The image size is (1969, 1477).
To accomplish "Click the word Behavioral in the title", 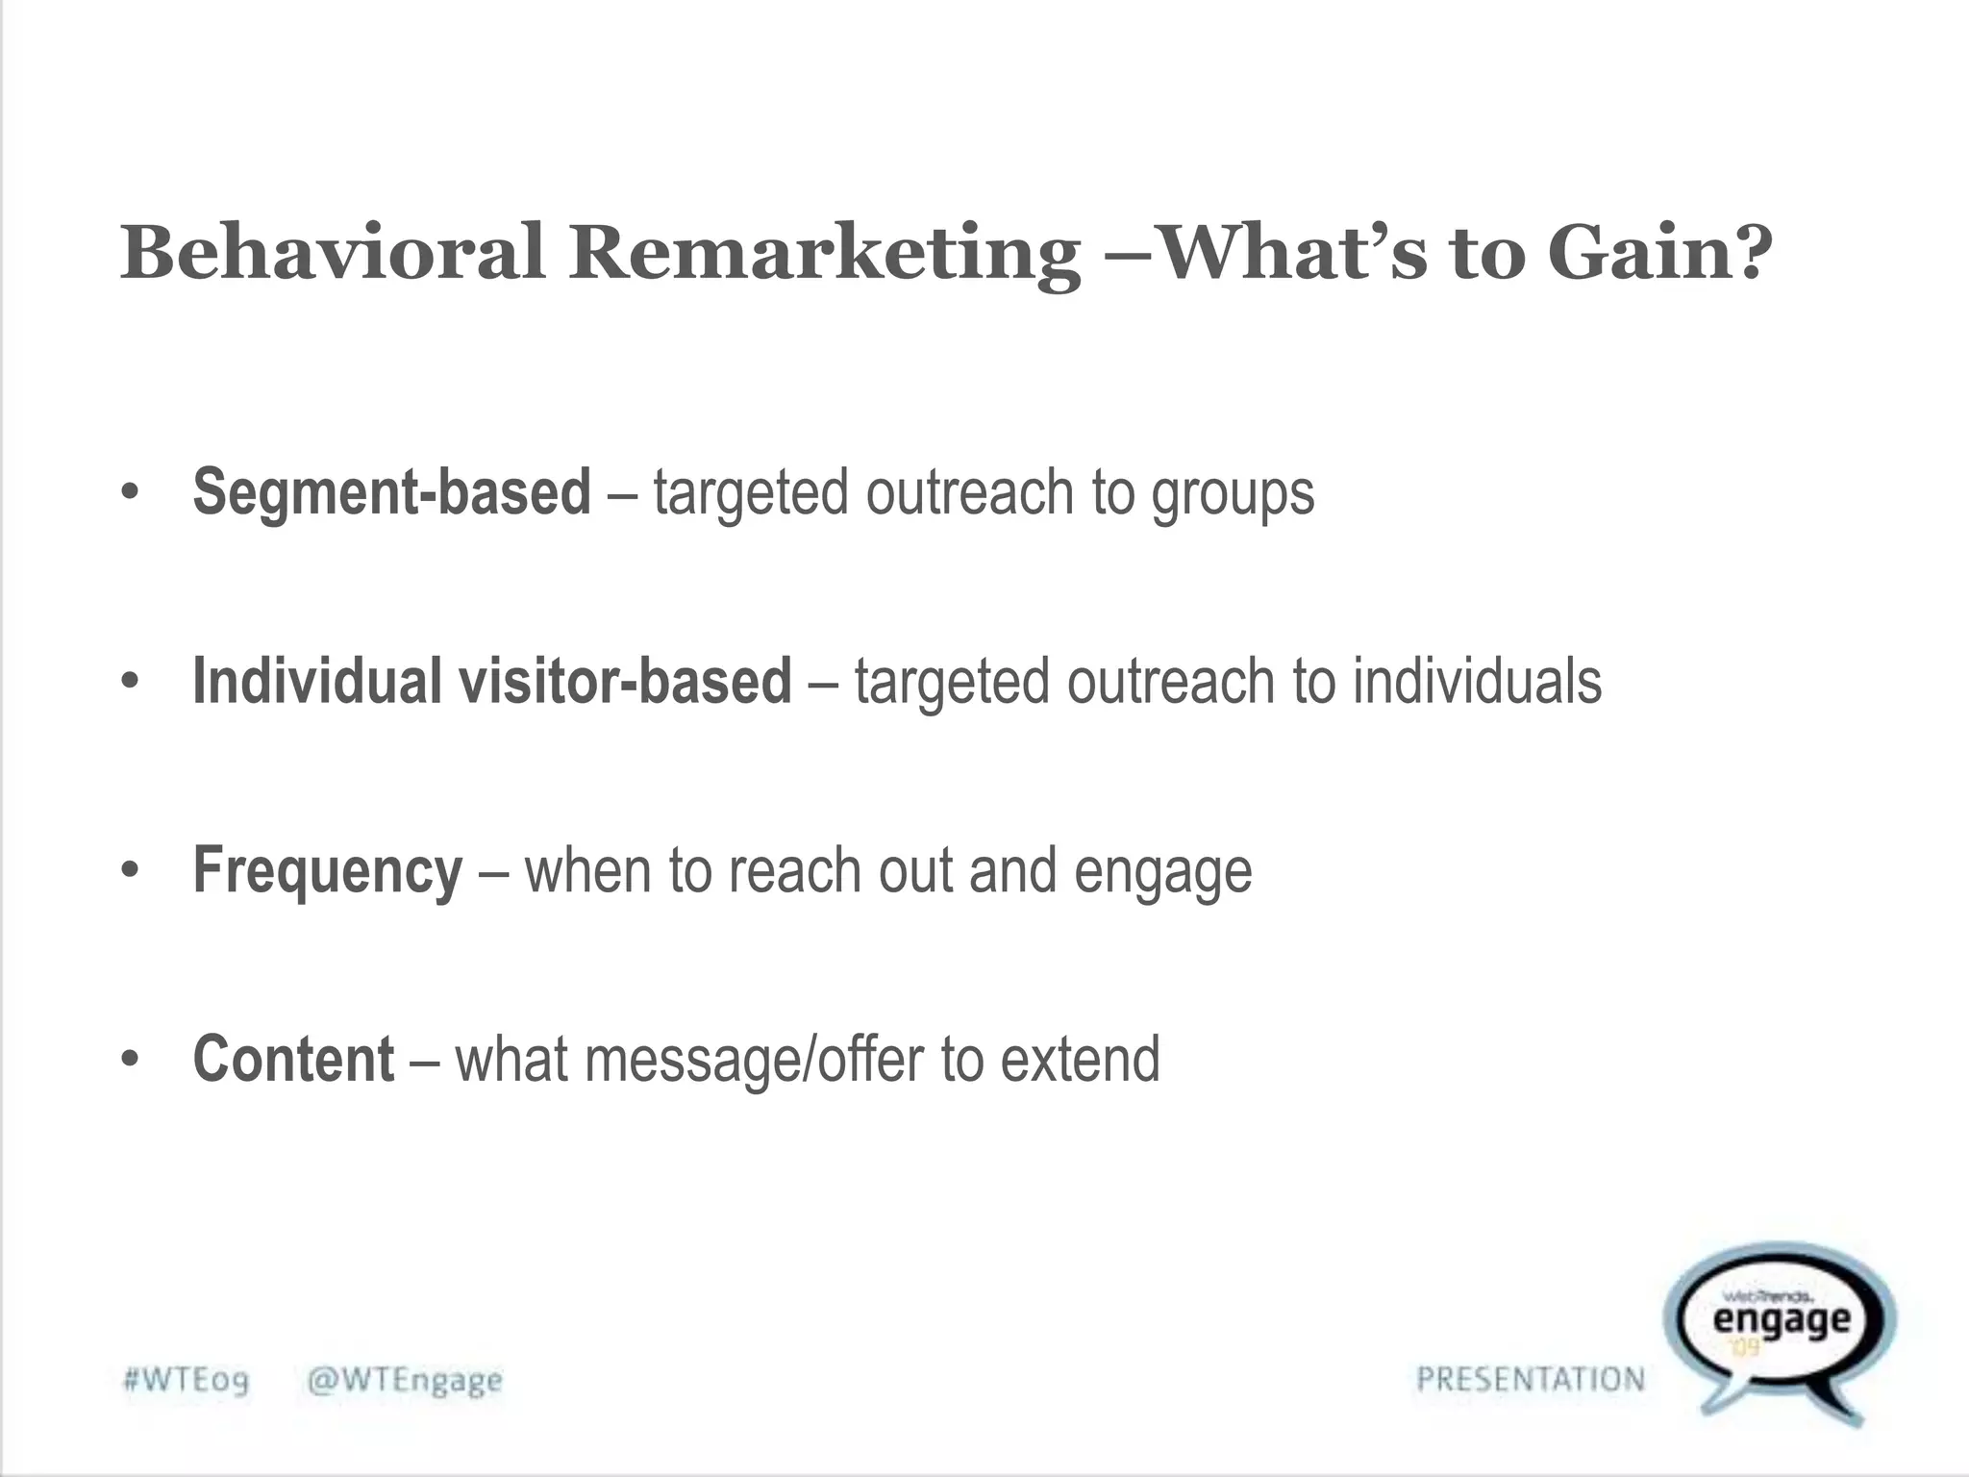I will pyautogui.click(x=333, y=252).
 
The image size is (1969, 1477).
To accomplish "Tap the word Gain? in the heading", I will pyautogui.click(x=1661, y=252).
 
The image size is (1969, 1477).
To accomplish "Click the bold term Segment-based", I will pyautogui.click(x=391, y=492).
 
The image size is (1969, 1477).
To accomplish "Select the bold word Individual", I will pyautogui.click(x=316, y=681).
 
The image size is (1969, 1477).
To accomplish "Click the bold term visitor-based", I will pyautogui.click(x=625, y=681).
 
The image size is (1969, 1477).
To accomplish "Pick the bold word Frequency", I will pyautogui.click(x=328, y=871).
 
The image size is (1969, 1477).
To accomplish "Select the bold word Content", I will pyautogui.click(x=293, y=1059).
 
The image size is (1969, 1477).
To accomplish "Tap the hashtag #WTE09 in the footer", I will pyautogui.click(x=187, y=1381).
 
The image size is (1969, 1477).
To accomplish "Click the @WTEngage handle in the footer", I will pyautogui.click(x=405, y=1381).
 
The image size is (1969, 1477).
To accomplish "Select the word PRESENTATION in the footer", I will pyautogui.click(x=1531, y=1380).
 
